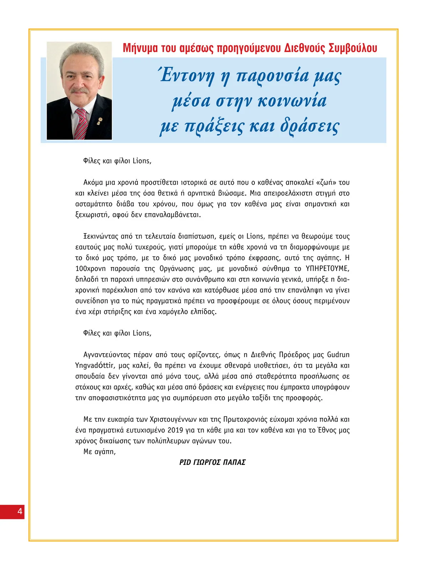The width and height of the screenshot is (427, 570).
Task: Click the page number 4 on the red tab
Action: click(x=20, y=512)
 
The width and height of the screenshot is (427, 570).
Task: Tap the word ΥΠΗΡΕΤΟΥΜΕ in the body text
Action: click(x=327, y=268)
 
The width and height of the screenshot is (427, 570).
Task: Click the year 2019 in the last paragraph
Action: click(x=175, y=430)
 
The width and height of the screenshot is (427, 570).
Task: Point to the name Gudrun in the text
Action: click(x=338, y=355)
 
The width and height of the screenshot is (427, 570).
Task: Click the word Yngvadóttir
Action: click(x=95, y=365)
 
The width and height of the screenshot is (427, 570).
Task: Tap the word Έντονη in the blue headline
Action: click(x=187, y=76)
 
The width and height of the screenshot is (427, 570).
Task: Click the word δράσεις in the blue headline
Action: click(x=310, y=126)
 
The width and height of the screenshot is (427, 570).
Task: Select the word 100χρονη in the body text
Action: click(x=90, y=268)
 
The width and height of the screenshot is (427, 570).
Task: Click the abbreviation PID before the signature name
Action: click(x=185, y=462)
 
